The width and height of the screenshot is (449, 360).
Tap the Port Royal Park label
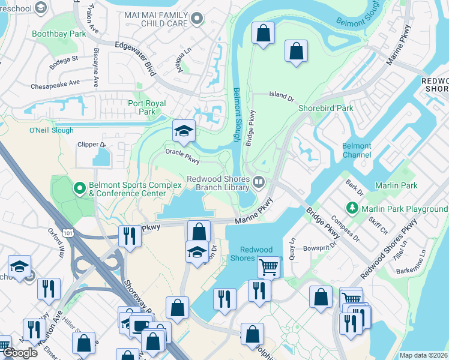142,107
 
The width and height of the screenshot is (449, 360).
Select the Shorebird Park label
326,108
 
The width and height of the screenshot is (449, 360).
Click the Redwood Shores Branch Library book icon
259,181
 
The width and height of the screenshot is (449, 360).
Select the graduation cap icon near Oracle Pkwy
184,131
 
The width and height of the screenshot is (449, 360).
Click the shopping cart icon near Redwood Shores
269,267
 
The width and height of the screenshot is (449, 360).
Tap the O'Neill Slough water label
51,130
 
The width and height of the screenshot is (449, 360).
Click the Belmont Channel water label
357,150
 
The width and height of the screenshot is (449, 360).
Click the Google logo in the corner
19,353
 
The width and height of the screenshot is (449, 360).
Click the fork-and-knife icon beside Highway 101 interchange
130,236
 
